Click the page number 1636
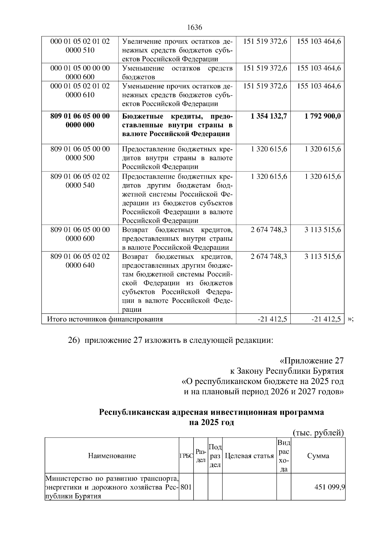pos(194,28)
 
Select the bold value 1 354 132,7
pos(269,116)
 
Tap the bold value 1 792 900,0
pos(323,116)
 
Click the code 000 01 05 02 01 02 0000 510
pos(80,46)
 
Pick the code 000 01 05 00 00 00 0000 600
pos(80,73)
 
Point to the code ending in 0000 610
pos(80,91)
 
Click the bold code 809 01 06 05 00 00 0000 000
pos(80,121)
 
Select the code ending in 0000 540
pos(80,181)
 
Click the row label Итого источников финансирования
pos(105,319)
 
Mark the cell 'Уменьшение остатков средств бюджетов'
pos(177,73)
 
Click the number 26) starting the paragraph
pos(73,341)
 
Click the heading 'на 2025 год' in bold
pos(211,423)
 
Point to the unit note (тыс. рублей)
pos(318,433)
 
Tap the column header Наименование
pos(112,456)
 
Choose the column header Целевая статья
pos(249,456)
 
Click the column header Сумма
pos(318,456)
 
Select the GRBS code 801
pos(186,487)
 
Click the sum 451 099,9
pos(329,487)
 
